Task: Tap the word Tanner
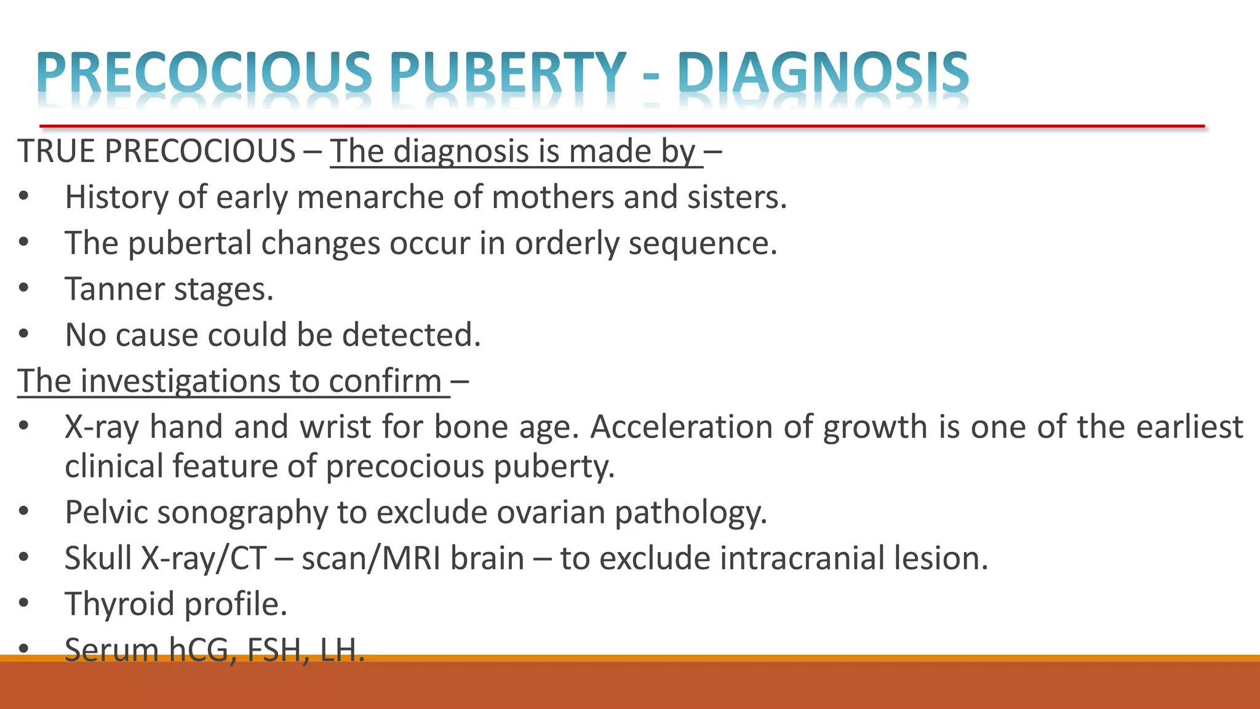(x=114, y=289)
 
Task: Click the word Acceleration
(x=682, y=427)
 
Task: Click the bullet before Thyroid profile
(x=24, y=603)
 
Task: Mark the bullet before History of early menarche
(x=24, y=197)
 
